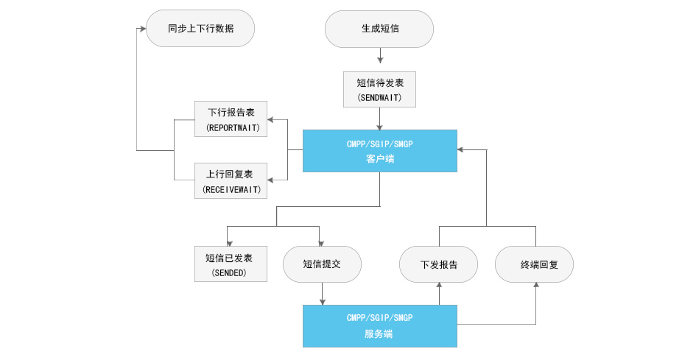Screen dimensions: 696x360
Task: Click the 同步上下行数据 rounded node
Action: click(200, 29)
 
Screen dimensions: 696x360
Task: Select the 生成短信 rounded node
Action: click(379, 29)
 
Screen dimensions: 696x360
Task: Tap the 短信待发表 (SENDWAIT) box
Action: click(379, 89)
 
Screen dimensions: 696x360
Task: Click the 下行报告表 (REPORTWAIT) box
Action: click(231, 119)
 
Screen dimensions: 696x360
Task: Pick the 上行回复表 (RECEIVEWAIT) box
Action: click(231, 180)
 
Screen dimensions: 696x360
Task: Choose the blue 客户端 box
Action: click(380, 151)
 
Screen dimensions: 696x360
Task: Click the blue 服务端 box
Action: click(380, 326)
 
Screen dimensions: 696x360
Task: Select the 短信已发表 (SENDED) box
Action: click(231, 264)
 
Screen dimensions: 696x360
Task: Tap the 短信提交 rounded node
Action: click(323, 264)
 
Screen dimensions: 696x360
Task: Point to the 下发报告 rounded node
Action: click(438, 264)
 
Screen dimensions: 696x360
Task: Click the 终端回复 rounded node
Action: click(535, 264)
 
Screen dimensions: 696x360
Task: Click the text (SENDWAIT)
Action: click(379, 98)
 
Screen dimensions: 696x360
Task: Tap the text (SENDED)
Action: click(229, 272)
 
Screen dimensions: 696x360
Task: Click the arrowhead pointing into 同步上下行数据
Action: click(143, 29)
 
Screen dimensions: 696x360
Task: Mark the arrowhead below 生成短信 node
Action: click(380, 60)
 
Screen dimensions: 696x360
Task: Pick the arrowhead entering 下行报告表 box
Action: click(270, 120)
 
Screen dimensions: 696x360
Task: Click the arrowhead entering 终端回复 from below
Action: click(535, 285)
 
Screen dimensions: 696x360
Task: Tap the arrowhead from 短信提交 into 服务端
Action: click(323, 302)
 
